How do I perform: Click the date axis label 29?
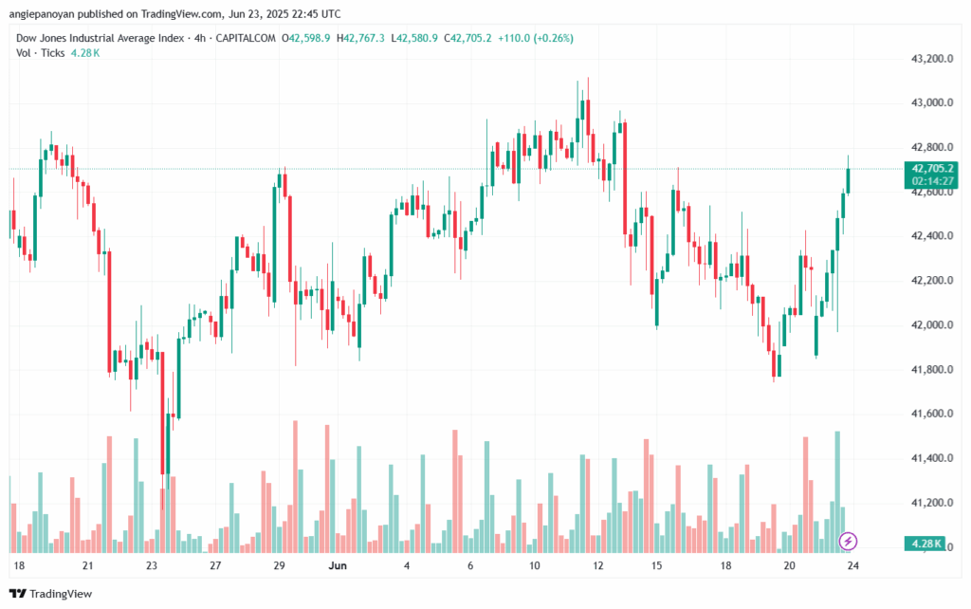[279, 564]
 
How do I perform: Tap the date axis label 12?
[598, 564]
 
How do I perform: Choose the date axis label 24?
[853, 564]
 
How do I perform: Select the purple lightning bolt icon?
[849, 541]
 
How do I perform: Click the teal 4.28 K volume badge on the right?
[925, 544]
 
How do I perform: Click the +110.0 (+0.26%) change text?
[540, 38]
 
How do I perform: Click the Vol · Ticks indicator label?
[41, 53]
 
